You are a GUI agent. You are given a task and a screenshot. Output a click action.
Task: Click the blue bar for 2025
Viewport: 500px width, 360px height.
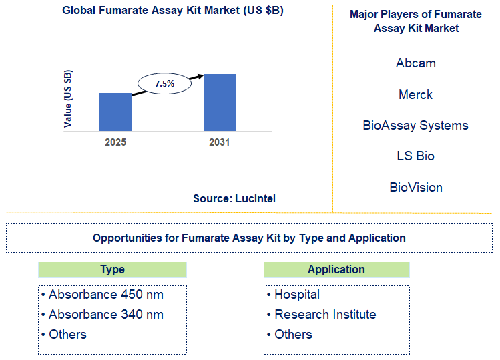(115, 112)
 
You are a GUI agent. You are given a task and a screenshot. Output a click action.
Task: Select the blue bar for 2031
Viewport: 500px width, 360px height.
(220, 102)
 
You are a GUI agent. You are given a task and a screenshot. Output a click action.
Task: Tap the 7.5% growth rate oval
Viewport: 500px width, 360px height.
(164, 83)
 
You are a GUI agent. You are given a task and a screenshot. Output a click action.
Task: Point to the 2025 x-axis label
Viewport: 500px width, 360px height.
(115, 142)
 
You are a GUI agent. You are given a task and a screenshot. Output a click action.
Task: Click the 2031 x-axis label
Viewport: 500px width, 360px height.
(219, 142)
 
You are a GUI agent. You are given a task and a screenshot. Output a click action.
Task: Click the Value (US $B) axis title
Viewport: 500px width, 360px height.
(68, 98)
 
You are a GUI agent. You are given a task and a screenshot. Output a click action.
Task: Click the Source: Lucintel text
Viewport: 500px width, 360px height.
(234, 198)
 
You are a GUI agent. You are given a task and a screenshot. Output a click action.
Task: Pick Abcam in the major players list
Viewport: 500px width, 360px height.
(415, 63)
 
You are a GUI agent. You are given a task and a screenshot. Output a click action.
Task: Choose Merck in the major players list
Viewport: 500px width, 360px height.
(415, 95)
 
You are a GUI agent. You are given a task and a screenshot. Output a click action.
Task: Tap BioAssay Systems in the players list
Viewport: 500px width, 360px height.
(415, 126)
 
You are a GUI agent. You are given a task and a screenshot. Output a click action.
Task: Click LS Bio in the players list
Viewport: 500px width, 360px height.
(415, 156)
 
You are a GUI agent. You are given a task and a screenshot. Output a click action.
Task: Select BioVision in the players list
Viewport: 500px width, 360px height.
(415, 188)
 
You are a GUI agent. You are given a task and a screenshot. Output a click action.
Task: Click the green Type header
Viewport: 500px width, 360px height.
(112, 270)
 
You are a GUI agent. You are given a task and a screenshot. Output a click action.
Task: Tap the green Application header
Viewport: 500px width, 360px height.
(336, 270)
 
